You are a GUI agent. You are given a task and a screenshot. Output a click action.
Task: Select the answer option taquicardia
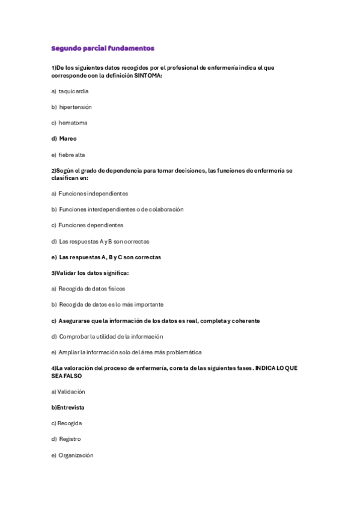(73, 91)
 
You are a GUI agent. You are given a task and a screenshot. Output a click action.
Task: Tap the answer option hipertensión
(75, 107)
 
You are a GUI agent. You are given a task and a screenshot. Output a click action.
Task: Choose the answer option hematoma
(73, 123)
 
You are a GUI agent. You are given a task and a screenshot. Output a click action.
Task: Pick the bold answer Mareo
(67, 138)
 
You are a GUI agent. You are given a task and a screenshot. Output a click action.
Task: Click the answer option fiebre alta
(72, 155)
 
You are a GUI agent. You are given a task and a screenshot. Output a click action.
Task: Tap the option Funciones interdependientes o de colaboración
(121, 209)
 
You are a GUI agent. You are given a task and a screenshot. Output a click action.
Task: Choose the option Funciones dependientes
(91, 225)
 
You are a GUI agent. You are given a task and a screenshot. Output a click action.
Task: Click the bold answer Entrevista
(70, 407)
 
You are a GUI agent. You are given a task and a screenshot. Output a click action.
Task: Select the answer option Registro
(70, 439)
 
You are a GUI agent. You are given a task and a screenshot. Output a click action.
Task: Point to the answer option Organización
(76, 455)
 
